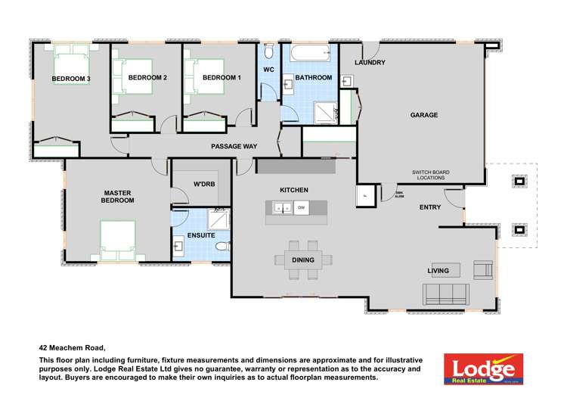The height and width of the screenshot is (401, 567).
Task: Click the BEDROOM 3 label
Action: [x=71, y=79]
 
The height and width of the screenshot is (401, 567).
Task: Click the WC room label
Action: [x=268, y=70]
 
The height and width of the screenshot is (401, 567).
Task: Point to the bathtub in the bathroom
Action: [x=310, y=54]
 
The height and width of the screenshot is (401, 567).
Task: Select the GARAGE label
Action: [x=424, y=115]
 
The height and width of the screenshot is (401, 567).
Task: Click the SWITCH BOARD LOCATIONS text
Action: [x=430, y=176]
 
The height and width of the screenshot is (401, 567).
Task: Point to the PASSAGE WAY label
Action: [x=234, y=145]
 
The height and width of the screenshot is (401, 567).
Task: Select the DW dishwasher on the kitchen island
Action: [x=301, y=207]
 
